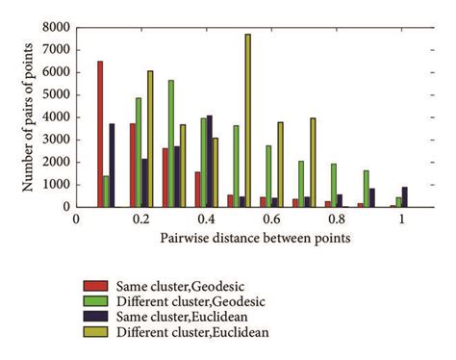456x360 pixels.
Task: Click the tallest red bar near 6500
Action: click(100, 134)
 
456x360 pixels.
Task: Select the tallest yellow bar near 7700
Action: click(247, 120)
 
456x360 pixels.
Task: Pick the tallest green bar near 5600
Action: click(171, 143)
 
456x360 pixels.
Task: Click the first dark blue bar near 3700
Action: click(112, 165)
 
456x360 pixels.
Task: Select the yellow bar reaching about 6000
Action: click(150, 139)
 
